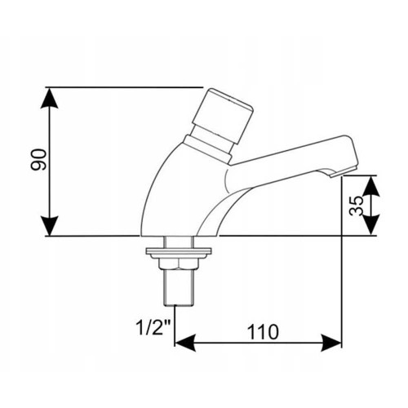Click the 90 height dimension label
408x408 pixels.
click(x=38, y=160)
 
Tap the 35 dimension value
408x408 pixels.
click(x=357, y=206)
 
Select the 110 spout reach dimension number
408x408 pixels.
click(x=263, y=332)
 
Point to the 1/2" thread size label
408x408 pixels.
click(x=153, y=327)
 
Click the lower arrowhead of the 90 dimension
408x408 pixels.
click(x=49, y=226)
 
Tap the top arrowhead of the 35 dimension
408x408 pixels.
click(x=371, y=186)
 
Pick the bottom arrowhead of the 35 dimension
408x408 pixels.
click(x=371, y=225)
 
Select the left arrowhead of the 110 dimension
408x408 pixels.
click(x=185, y=343)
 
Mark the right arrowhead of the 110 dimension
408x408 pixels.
click(x=330, y=343)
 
